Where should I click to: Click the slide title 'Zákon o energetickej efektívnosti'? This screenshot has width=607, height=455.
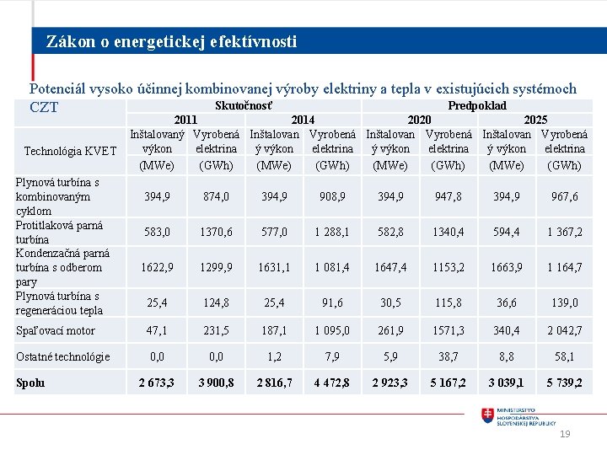[171, 41]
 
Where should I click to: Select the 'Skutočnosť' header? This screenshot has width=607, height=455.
[244, 105]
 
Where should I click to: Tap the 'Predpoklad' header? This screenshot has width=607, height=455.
[477, 105]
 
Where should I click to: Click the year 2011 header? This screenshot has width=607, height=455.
[185, 120]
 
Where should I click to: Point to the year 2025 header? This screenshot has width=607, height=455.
[535, 120]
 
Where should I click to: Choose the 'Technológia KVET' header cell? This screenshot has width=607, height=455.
[70, 151]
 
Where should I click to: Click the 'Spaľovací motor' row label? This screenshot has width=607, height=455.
[56, 330]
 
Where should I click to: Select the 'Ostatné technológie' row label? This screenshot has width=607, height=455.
[63, 356]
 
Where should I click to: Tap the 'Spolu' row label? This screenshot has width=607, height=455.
[30, 383]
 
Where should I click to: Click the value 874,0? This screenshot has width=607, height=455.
[216, 196]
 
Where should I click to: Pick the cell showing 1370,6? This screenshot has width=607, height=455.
[216, 232]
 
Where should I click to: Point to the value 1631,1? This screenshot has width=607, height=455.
[274, 267]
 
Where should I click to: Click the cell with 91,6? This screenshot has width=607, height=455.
[332, 302]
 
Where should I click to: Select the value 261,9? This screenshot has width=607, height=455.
[390, 330]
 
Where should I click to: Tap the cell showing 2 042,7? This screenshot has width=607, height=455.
[563, 330]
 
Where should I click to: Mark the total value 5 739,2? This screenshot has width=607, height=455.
[563, 383]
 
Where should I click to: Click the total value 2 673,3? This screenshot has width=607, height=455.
[157, 383]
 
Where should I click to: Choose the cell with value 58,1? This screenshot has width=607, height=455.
[563, 356]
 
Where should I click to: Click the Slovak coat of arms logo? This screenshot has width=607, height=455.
[488, 415]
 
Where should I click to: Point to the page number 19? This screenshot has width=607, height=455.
[565, 434]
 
